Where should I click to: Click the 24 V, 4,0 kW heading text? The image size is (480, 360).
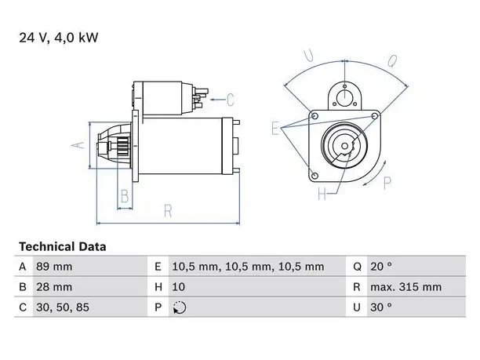[59, 38]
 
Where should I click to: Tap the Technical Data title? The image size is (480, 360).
[63, 247]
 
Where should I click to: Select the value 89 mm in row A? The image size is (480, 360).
[54, 267]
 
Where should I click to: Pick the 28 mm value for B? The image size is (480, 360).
[54, 287]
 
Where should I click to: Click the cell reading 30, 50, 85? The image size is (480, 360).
[63, 307]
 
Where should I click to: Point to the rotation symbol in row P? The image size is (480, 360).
[180, 307]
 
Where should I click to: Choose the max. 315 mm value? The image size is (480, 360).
[406, 287]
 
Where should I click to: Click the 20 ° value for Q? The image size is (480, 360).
[381, 267]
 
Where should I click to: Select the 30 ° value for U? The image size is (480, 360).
[381, 307]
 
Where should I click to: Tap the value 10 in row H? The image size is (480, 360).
[179, 287]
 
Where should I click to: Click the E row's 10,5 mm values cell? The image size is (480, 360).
[248, 267]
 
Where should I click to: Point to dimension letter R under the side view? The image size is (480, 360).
[168, 211]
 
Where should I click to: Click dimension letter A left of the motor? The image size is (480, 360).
[78, 145]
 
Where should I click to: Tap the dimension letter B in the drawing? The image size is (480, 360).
[125, 196]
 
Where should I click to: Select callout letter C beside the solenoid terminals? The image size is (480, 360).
[231, 100]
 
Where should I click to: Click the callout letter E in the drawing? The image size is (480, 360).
[275, 128]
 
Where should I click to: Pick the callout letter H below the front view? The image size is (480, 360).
[322, 194]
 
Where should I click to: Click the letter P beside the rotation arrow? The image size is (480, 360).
[387, 183]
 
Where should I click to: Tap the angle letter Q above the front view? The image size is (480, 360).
[392, 60]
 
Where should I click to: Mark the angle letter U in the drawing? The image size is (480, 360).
[308, 55]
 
